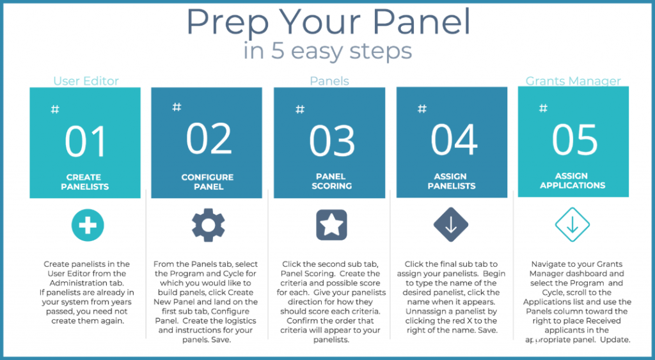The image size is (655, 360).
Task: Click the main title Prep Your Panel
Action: pyautogui.click(x=327, y=22)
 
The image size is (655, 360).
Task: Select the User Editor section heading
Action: pyautogui.click(x=86, y=81)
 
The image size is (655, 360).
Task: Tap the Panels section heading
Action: pyautogui.click(x=329, y=81)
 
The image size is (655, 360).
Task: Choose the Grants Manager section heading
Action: pyautogui.click(x=573, y=81)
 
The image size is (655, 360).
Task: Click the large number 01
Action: pyautogui.click(x=85, y=142)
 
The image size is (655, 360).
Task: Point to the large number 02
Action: pyautogui.click(x=209, y=139)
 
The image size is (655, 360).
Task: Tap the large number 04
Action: pyautogui.click(x=454, y=139)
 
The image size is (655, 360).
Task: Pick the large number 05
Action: pyautogui.click(x=574, y=139)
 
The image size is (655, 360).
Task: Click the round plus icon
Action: pyautogui.click(x=88, y=225)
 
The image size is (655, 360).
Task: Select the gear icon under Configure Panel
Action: pyautogui.click(x=209, y=225)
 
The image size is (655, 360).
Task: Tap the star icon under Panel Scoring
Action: pyautogui.click(x=331, y=225)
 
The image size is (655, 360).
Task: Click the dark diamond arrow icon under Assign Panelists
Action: pyautogui.click(x=451, y=225)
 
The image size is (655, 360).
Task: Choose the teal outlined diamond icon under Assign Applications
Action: pyautogui.click(x=571, y=225)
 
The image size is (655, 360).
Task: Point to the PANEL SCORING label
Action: pyautogui.click(x=331, y=182)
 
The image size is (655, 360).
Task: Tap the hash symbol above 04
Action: pyautogui.click(x=422, y=109)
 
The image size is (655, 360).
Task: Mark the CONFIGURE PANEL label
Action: pyautogui.click(x=208, y=182)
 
